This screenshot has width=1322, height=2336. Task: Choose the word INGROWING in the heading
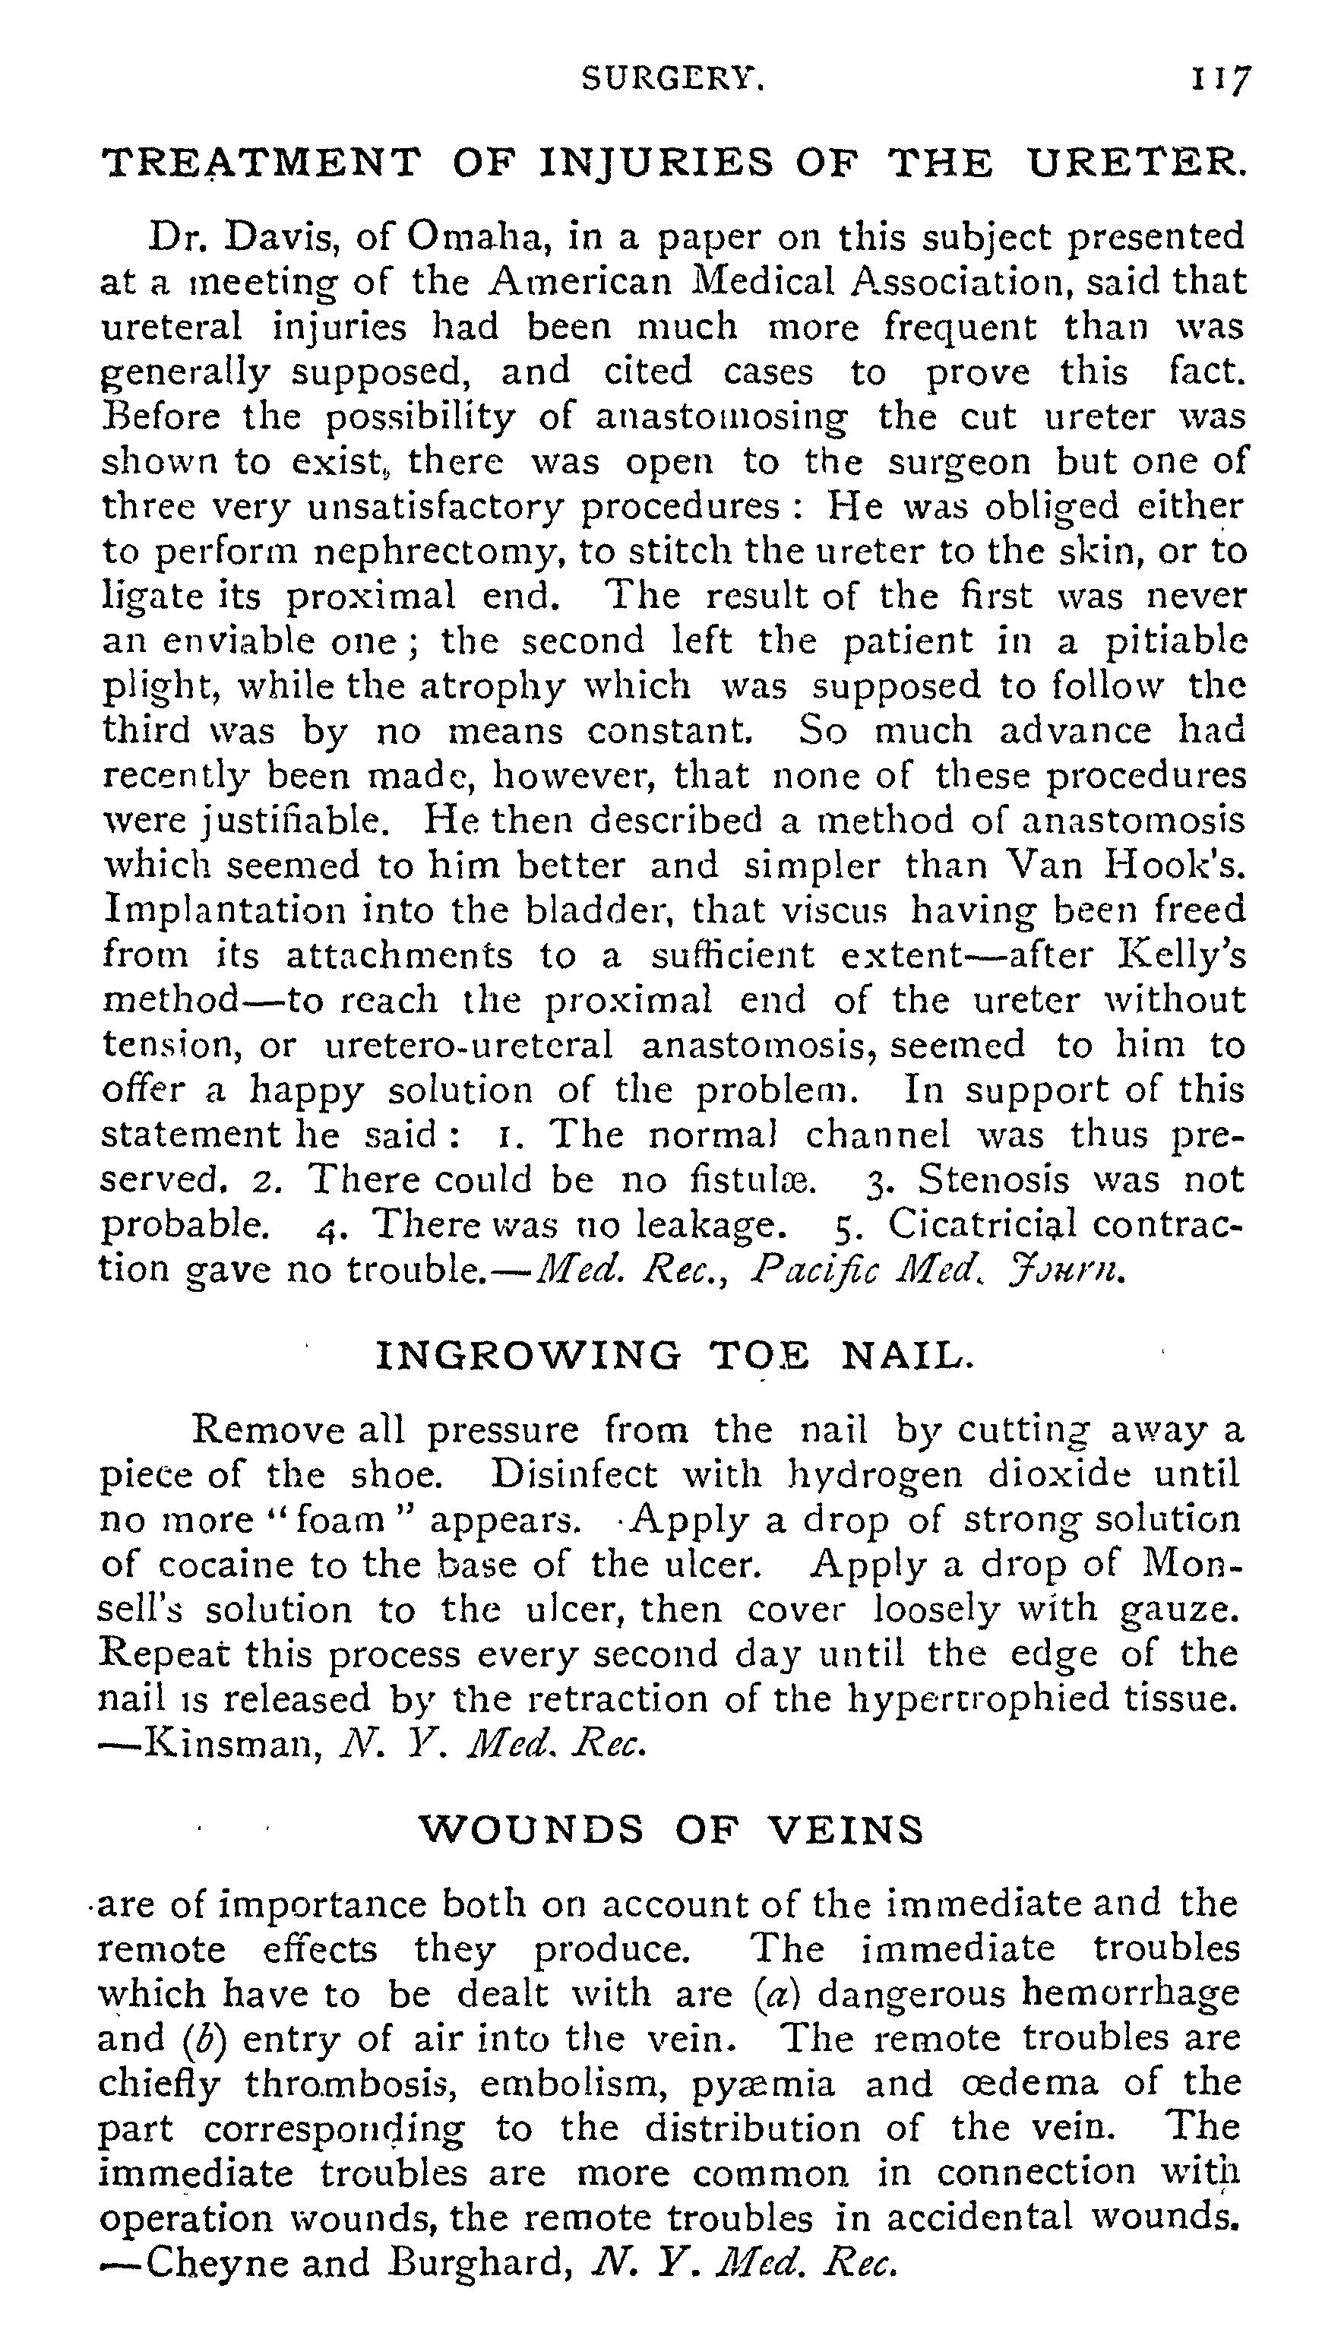click(527, 1356)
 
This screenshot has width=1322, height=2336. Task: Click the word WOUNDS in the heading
click(530, 1831)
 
